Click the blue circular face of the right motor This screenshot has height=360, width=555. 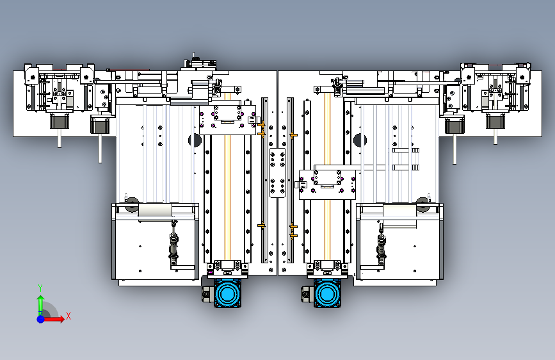(x=328, y=294)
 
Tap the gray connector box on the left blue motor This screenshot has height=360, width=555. (x=207, y=294)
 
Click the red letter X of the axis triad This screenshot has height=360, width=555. (x=68, y=316)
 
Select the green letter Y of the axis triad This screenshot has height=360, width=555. (x=40, y=288)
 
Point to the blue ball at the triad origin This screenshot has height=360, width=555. (x=40, y=318)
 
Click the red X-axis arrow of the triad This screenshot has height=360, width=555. (x=56, y=318)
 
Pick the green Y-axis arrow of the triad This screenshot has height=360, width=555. (x=40, y=302)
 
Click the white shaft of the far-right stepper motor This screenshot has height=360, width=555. (x=495, y=136)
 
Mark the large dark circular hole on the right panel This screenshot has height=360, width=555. (x=359, y=140)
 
